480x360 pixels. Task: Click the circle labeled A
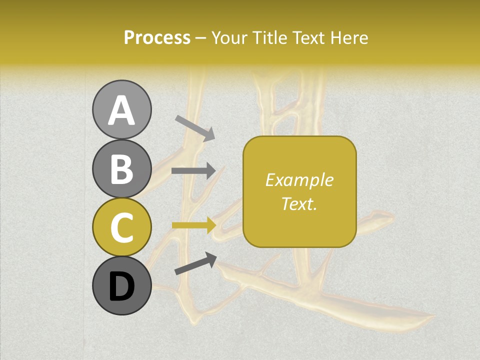click(121, 109)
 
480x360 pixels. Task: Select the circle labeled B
click(121, 168)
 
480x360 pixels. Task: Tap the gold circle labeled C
click(121, 227)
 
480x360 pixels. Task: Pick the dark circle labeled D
click(121, 286)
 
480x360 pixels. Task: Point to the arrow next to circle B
click(193, 171)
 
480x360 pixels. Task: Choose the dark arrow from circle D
click(195, 264)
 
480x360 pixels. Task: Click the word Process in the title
click(157, 38)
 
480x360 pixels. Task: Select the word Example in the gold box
click(299, 180)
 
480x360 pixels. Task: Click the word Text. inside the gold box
click(299, 203)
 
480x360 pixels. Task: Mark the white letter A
click(121, 110)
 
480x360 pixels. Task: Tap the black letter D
click(121, 287)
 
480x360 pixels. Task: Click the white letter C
click(121, 228)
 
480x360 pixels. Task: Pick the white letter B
click(121, 169)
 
